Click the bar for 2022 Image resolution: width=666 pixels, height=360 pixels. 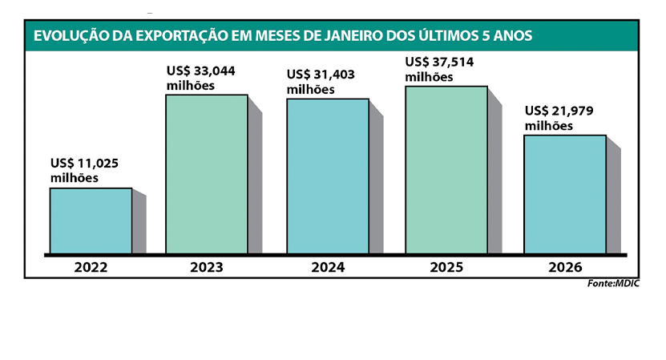(x=91, y=220)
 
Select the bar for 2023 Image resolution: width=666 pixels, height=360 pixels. (x=207, y=174)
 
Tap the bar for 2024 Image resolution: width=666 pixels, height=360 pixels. (x=328, y=176)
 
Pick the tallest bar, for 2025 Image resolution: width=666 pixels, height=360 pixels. (x=446, y=170)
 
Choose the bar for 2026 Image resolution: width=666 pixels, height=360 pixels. (x=564, y=194)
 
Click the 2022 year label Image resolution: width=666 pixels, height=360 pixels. (x=91, y=267)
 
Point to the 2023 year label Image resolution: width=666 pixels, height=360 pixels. (x=207, y=267)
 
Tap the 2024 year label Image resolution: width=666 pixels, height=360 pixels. (x=328, y=267)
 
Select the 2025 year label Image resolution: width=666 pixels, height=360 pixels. (x=446, y=267)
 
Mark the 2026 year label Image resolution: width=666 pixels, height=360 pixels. (x=564, y=267)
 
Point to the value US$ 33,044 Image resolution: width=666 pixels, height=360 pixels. (x=201, y=71)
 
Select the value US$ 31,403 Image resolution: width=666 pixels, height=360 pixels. (x=321, y=75)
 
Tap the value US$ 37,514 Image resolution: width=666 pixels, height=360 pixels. (x=440, y=62)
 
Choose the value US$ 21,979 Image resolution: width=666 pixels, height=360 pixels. (x=559, y=111)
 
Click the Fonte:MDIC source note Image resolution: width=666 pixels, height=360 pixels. (x=614, y=284)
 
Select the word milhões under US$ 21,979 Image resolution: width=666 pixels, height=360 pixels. (x=549, y=126)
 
